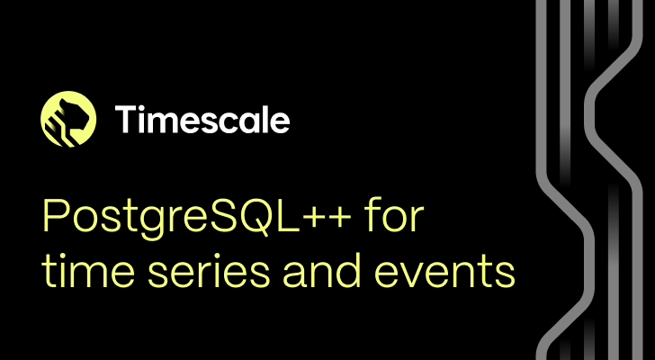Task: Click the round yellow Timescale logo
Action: tap(68, 119)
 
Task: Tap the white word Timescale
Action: tap(202, 119)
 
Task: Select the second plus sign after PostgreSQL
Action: tap(338, 218)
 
